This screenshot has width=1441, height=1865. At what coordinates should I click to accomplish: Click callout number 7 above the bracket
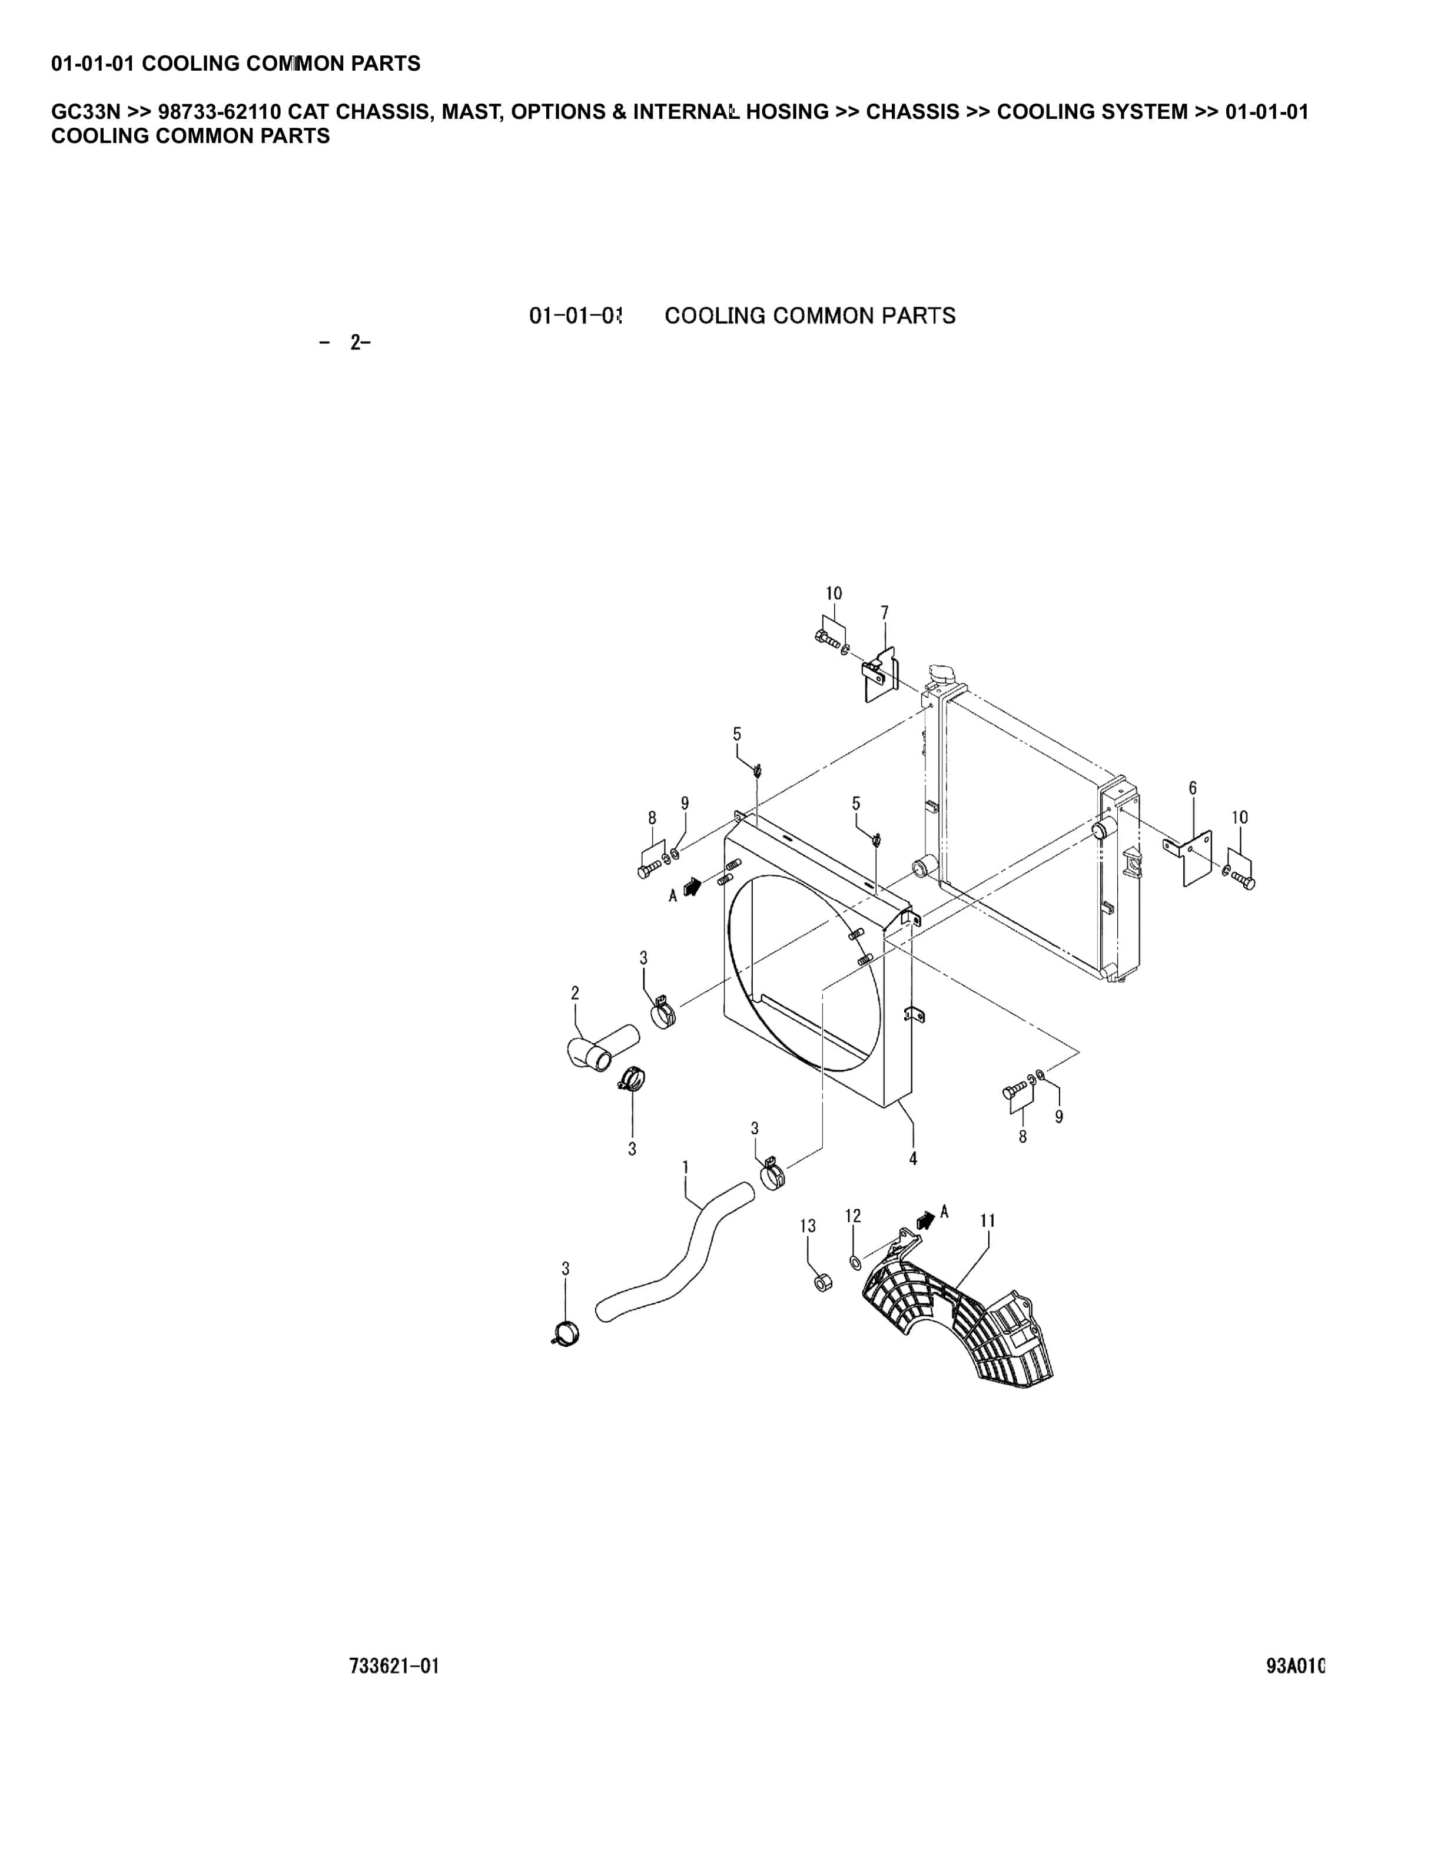[x=884, y=612]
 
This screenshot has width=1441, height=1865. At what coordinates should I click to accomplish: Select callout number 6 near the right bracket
[x=1193, y=787]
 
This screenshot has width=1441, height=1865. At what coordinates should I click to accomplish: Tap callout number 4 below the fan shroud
[x=912, y=1159]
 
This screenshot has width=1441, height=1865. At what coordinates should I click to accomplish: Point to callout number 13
[x=808, y=1226]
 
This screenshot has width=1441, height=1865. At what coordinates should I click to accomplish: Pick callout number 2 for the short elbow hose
[x=575, y=993]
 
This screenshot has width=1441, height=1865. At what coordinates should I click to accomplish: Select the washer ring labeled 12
[x=855, y=1262]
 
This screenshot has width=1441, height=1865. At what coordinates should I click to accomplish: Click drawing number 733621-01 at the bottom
[x=394, y=1666]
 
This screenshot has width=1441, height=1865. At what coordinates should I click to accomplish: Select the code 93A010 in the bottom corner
[x=1295, y=1666]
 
